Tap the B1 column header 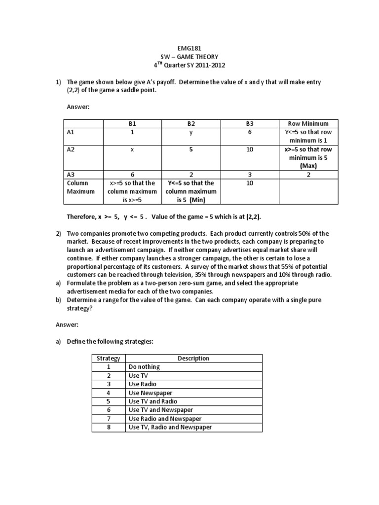(132, 124)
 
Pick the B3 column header (250, 124)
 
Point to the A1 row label (71, 133)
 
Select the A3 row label (71, 174)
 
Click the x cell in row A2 (132, 149)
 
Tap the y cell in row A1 (191, 133)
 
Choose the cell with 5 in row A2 (191, 149)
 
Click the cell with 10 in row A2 (250, 149)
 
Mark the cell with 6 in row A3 (132, 174)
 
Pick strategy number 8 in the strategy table (109, 427)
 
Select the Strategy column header (109, 359)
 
